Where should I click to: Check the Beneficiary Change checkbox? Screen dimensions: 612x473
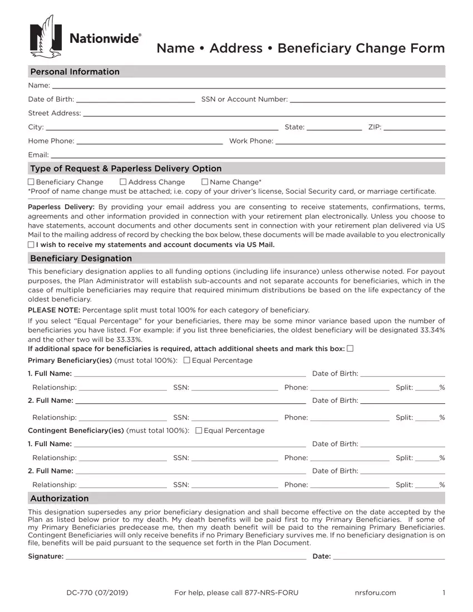coord(31,182)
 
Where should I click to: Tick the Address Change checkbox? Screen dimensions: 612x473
coord(124,182)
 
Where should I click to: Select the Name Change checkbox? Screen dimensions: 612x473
coord(205,182)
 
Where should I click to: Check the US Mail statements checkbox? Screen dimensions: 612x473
coord(31,245)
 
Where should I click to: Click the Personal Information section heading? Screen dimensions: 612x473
coord(75,72)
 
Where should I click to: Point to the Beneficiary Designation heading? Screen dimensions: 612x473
coord(81,258)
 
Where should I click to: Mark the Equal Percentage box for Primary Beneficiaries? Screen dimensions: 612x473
coord(187,361)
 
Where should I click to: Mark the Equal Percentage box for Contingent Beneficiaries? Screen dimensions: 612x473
coord(199,431)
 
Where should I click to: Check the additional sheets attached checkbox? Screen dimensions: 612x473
coord(350,349)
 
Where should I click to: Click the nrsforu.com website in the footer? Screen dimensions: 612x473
coord(375,593)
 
